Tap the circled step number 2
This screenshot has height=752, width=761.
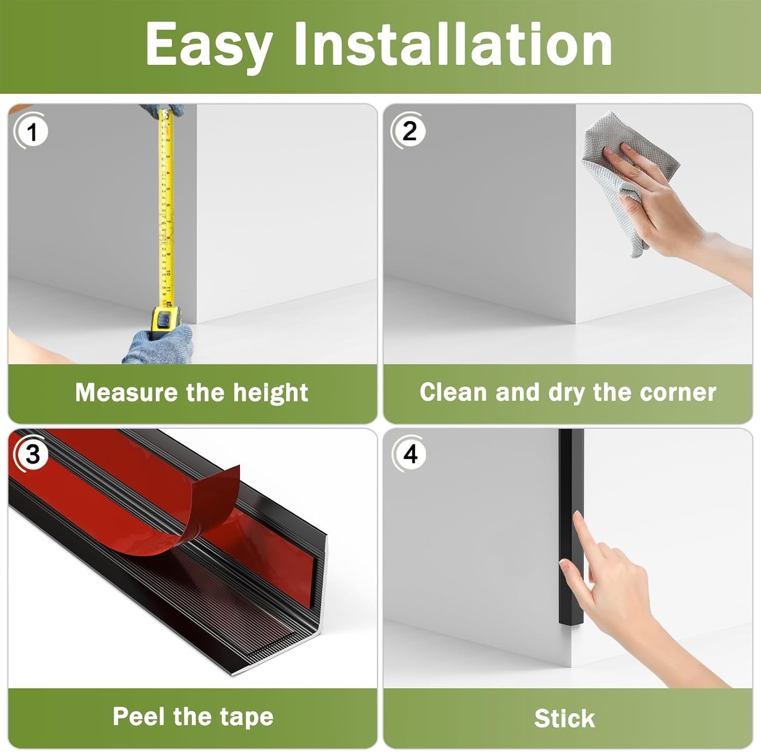pos(408,131)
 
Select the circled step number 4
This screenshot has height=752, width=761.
pos(410,454)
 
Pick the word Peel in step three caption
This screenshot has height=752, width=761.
pos(140,717)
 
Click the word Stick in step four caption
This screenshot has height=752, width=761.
pos(564,719)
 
